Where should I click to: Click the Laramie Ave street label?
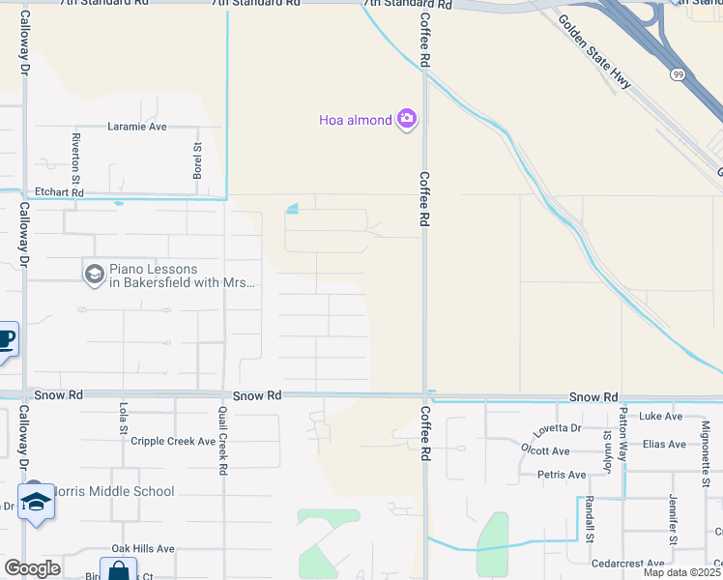(x=137, y=127)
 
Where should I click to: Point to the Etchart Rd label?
(x=59, y=193)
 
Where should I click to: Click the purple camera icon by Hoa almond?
(x=407, y=119)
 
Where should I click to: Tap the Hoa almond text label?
(x=355, y=120)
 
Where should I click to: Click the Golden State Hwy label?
(x=594, y=54)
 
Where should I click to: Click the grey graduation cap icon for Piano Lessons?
(x=94, y=275)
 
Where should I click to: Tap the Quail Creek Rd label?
(x=223, y=441)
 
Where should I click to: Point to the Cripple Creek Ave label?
(x=173, y=441)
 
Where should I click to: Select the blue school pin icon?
(x=36, y=504)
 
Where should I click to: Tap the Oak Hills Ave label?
(x=142, y=548)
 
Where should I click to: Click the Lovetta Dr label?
(x=550, y=427)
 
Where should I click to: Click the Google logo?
(x=31, y=568)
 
